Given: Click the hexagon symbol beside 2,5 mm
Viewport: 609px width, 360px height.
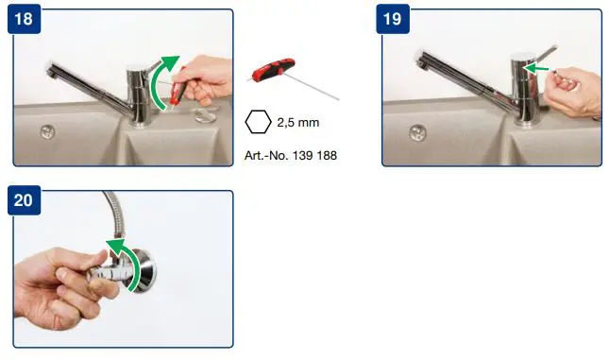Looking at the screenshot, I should tap(258, 122).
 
